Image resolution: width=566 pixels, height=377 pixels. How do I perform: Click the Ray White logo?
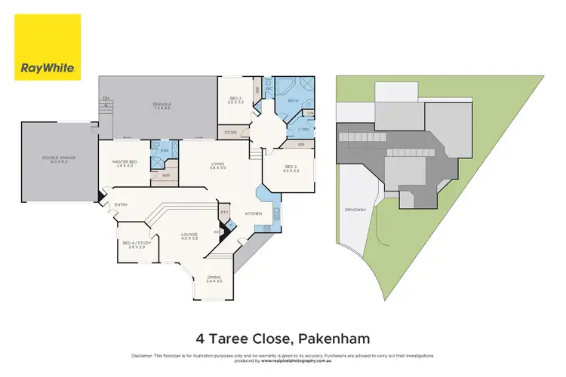47,47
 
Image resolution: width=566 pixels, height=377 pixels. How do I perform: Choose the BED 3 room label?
291,167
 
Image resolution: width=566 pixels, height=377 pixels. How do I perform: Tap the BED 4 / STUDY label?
137,244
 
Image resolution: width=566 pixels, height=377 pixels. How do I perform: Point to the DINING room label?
214,278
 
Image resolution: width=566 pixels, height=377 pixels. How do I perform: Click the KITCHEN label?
253,213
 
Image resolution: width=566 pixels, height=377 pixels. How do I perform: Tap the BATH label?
293,100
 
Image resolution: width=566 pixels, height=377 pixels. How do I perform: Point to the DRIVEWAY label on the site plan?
355,209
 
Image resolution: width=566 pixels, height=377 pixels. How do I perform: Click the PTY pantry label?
224,213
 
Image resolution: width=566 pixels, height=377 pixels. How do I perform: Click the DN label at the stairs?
106,97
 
